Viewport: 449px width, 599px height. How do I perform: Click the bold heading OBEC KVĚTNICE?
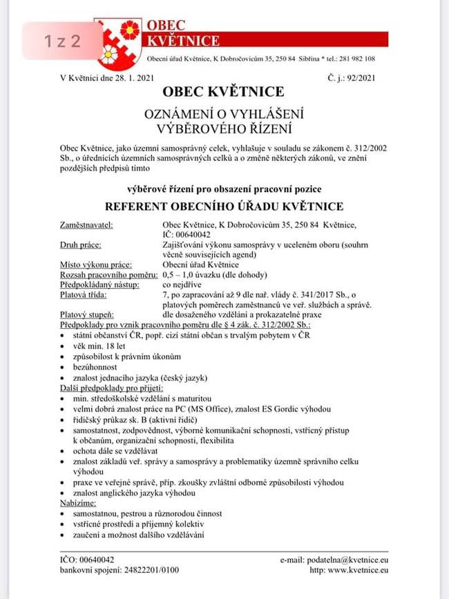223,92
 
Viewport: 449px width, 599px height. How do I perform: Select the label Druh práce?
81,245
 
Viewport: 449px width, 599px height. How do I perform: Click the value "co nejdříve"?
182,284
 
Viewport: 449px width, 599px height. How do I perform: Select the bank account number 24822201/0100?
144,570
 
